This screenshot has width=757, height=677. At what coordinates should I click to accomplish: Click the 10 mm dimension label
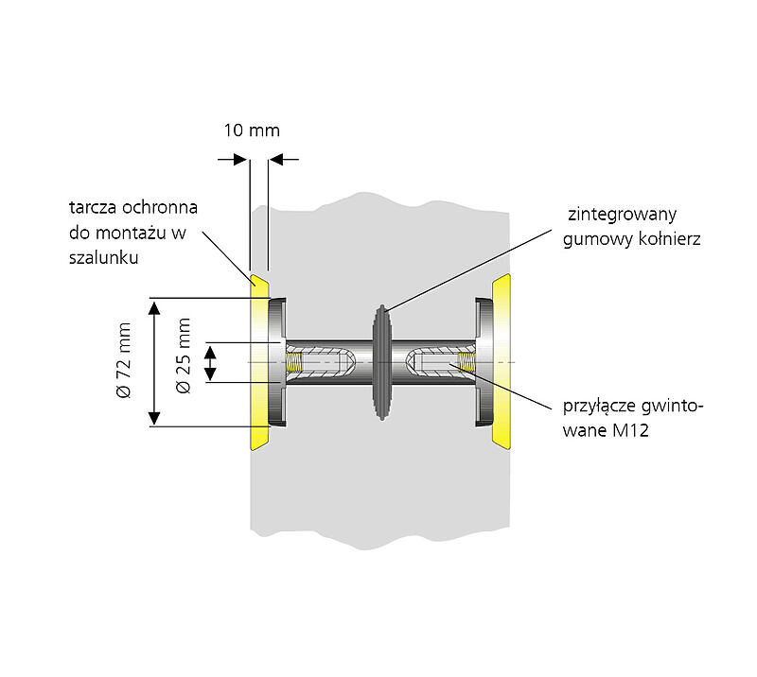[x=251, y=130]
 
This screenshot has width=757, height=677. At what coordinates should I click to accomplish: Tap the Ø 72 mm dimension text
[x=124, y=363]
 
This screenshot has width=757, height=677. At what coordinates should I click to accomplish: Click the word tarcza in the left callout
[x=94, y=208]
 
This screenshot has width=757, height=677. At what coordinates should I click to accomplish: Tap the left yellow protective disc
[x=257, y=363]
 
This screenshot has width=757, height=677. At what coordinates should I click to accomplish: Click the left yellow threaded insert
[x=296, y=363]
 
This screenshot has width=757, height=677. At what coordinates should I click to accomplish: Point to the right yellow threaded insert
[x=464, y=363]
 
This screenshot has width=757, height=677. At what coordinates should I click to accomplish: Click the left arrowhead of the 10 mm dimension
[x=241, y=159]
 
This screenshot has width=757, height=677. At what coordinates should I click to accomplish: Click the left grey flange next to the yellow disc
[x=277, y=363]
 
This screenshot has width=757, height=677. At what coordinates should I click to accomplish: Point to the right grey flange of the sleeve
[x=482, y=363]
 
